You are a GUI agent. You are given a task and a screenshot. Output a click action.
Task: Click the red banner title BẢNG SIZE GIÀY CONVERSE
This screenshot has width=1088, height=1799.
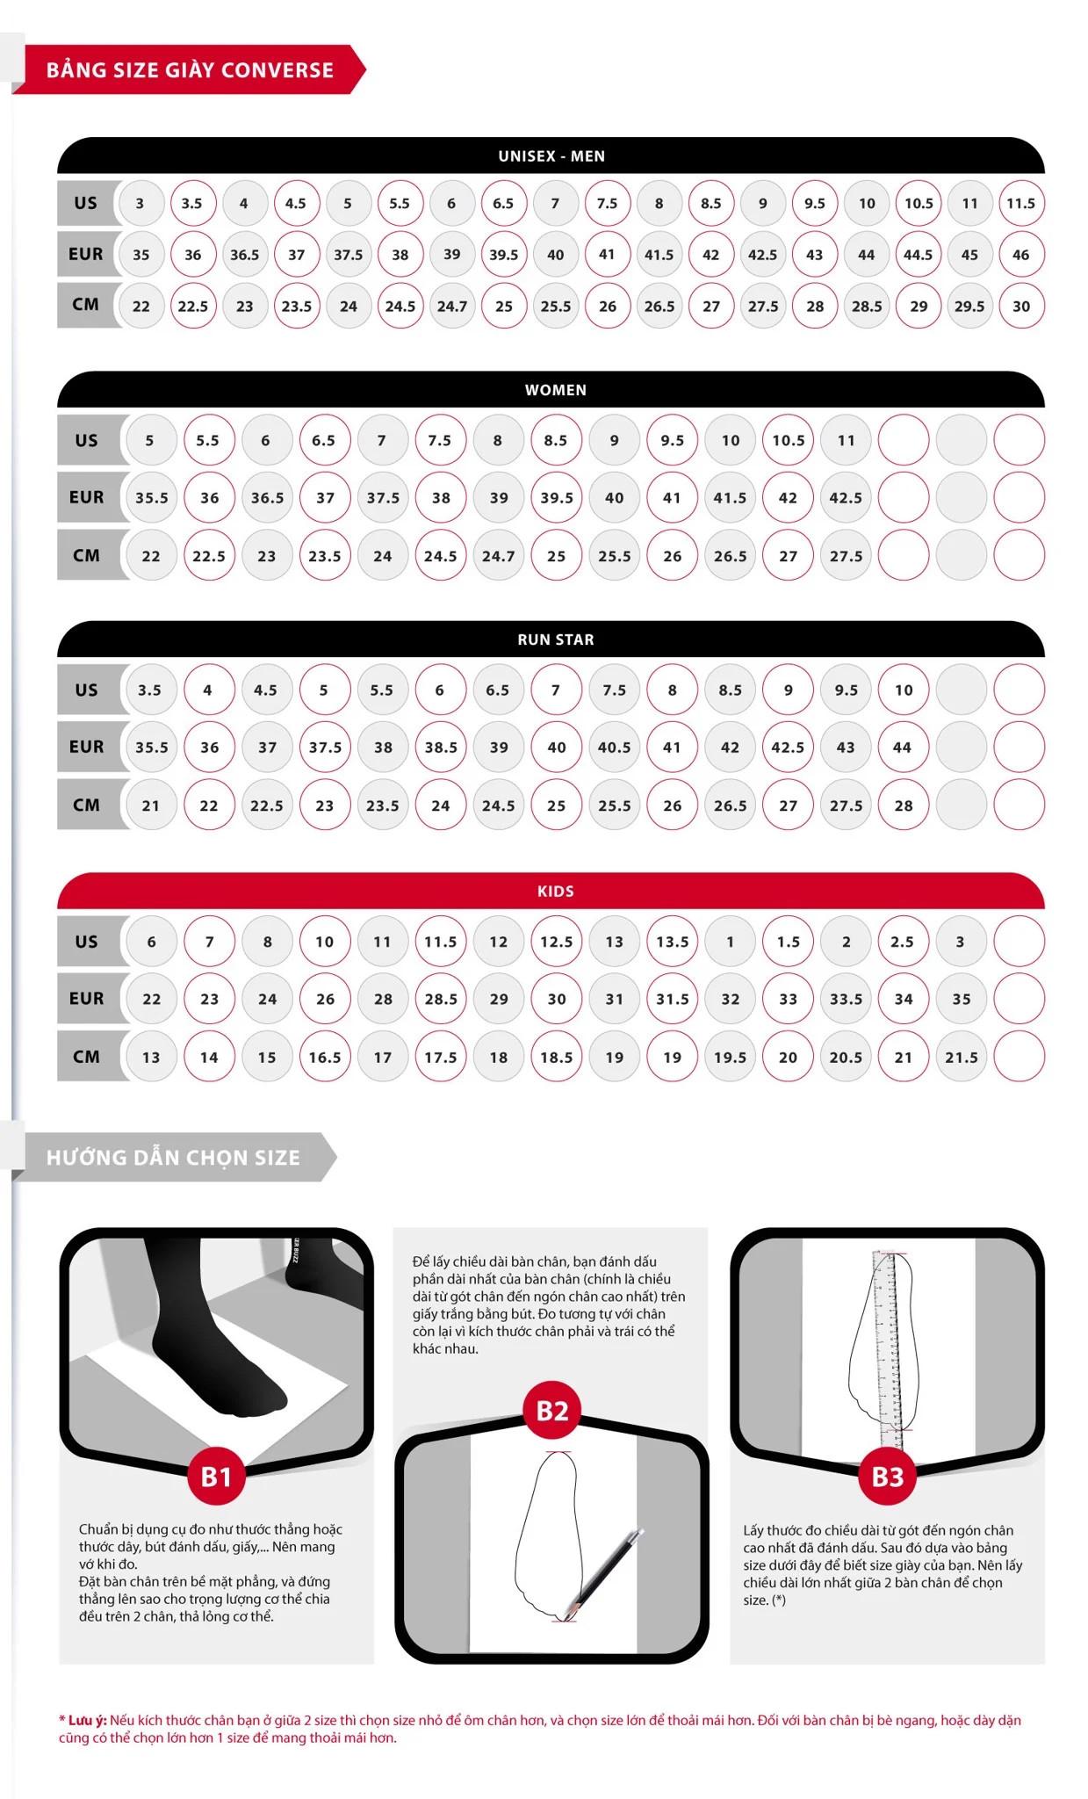point(190,70)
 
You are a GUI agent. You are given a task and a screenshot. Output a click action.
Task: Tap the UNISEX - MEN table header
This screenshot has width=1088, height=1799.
point(551,155)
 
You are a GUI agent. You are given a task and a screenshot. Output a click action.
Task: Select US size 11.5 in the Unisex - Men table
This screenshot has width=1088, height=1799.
point(1020,203)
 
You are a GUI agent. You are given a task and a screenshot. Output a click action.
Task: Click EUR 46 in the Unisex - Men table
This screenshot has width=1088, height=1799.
point(1020,255)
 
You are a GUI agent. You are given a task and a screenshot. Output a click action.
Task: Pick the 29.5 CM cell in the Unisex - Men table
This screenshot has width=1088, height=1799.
point(969,306)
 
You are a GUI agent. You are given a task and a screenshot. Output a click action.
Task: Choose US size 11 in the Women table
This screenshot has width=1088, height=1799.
point(846,440)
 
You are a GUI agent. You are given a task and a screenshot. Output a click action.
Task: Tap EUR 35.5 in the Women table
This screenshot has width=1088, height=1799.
point(151,497)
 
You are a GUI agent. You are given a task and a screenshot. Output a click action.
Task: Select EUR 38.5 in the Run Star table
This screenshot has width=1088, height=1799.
point(441,747)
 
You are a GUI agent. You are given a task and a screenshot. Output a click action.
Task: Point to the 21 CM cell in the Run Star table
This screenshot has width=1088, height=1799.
point(151,805)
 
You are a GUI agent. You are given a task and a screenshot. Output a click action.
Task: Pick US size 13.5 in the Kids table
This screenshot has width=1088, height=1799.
point(672,941)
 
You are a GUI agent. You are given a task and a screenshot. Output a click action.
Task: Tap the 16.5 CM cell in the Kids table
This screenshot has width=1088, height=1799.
point(324,1057)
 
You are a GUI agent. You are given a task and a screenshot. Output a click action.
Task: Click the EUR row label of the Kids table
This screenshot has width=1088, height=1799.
point(87,998)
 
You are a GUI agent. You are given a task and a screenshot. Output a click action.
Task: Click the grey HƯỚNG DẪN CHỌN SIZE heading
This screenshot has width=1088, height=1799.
point(174,1157)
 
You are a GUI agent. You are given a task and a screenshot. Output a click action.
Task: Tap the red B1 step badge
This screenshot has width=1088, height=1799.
point(216,1477)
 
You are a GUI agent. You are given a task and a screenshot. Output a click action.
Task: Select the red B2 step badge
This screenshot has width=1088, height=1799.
point(552,1411)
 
